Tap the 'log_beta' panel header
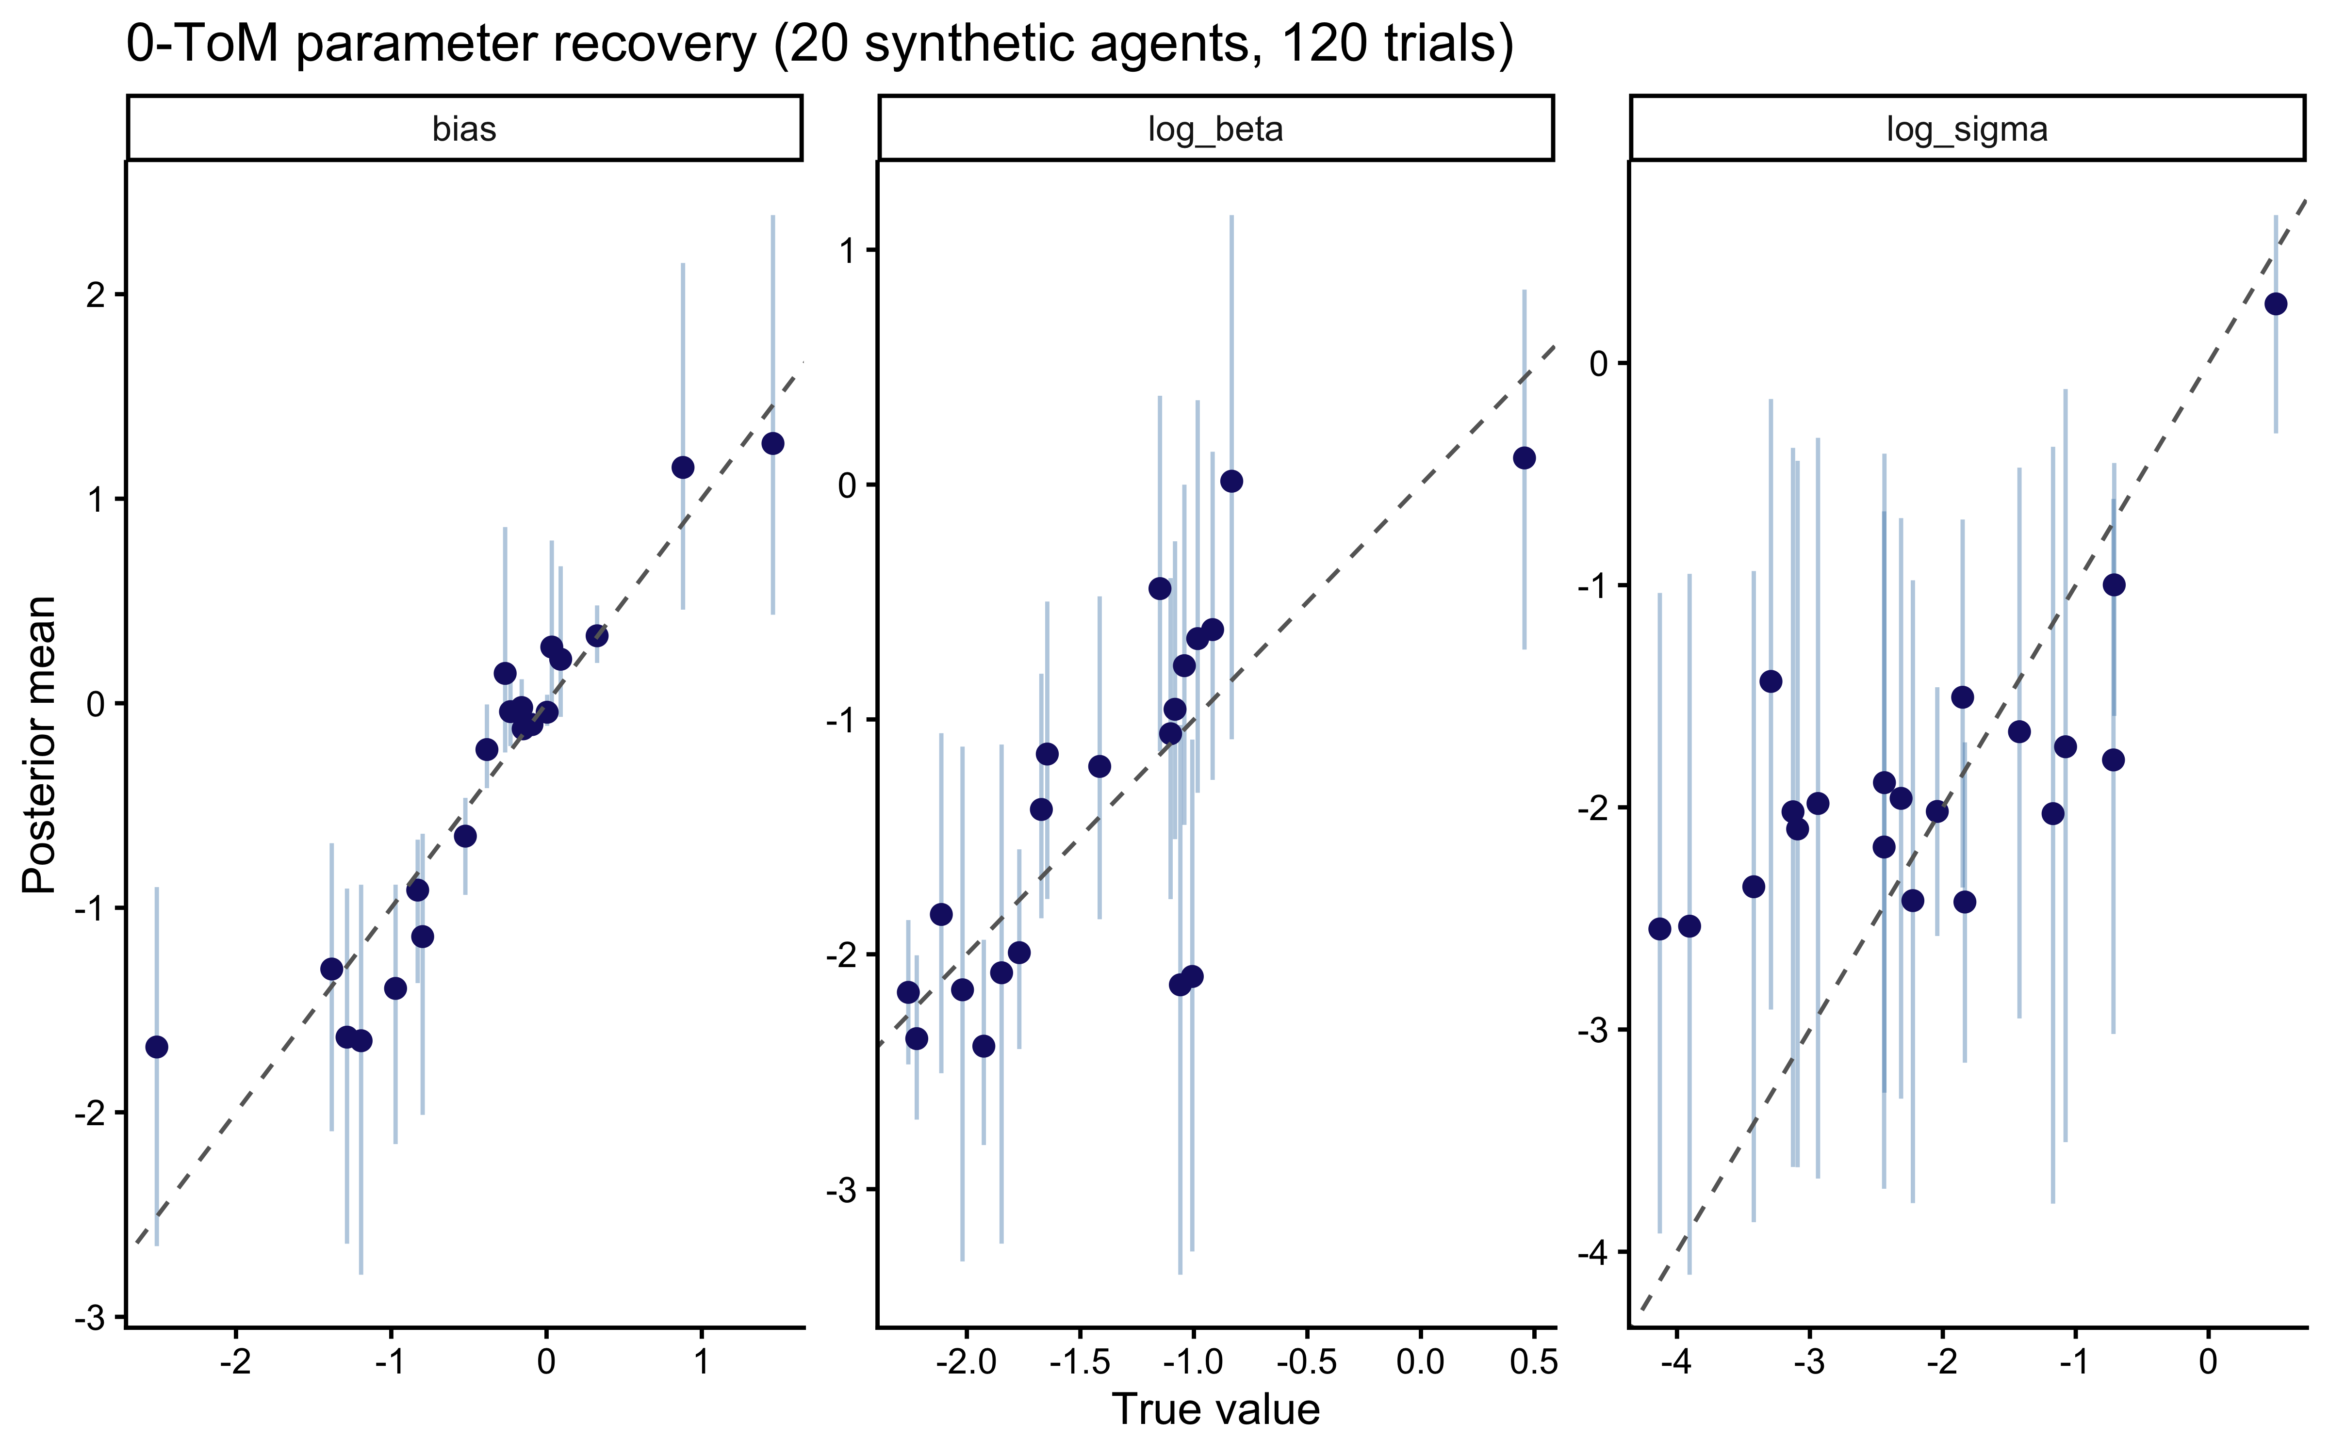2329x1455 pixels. [x=1215, y=129]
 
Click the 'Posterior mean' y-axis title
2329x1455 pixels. [x=40, y=744]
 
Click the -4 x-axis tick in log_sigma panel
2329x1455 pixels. [x=1676, y=1363]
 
